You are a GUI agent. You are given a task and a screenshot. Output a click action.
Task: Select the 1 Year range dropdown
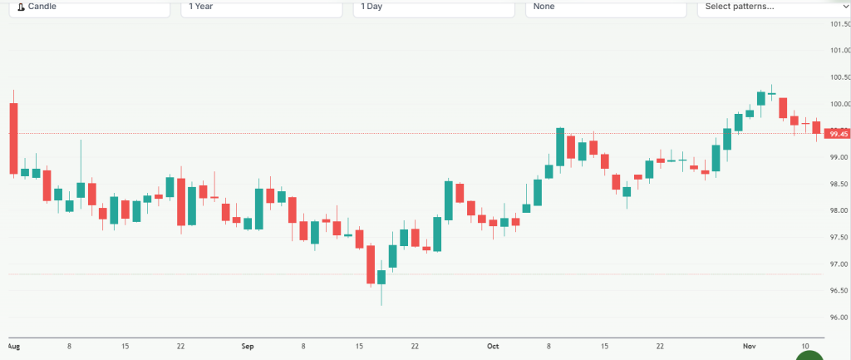coord(261,7)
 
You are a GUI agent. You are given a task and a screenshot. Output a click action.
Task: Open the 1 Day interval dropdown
coord(435,7)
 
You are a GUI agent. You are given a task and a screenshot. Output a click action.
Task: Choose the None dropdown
coord(605,7)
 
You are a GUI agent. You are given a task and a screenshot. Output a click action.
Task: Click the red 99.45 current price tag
coord(839,134)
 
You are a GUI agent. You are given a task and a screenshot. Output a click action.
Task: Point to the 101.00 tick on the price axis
coord(839,51)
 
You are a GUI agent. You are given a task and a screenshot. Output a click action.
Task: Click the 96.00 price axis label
coord(839,317)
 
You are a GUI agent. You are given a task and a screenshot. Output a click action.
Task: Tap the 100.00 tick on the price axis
coord(839,104)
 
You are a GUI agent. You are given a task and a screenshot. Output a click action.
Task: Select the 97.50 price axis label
coord(839,237)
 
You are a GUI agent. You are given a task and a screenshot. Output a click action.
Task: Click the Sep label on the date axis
coord(246,345)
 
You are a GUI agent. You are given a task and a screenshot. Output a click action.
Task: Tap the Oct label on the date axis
coord(493,345)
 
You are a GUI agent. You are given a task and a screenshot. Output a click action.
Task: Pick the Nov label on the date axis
coord(750,345)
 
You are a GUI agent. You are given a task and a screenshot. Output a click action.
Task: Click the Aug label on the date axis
coord(13,345)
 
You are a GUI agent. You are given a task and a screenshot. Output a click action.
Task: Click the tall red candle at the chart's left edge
coord(13,138)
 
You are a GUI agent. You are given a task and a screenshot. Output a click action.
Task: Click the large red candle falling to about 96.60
coord(371,264)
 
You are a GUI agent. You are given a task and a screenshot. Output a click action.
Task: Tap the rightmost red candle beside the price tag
coord(817,127)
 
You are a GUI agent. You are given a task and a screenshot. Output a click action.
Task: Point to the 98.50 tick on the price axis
coord(839,184)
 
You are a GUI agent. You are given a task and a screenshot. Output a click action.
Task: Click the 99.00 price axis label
coord(839,157)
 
